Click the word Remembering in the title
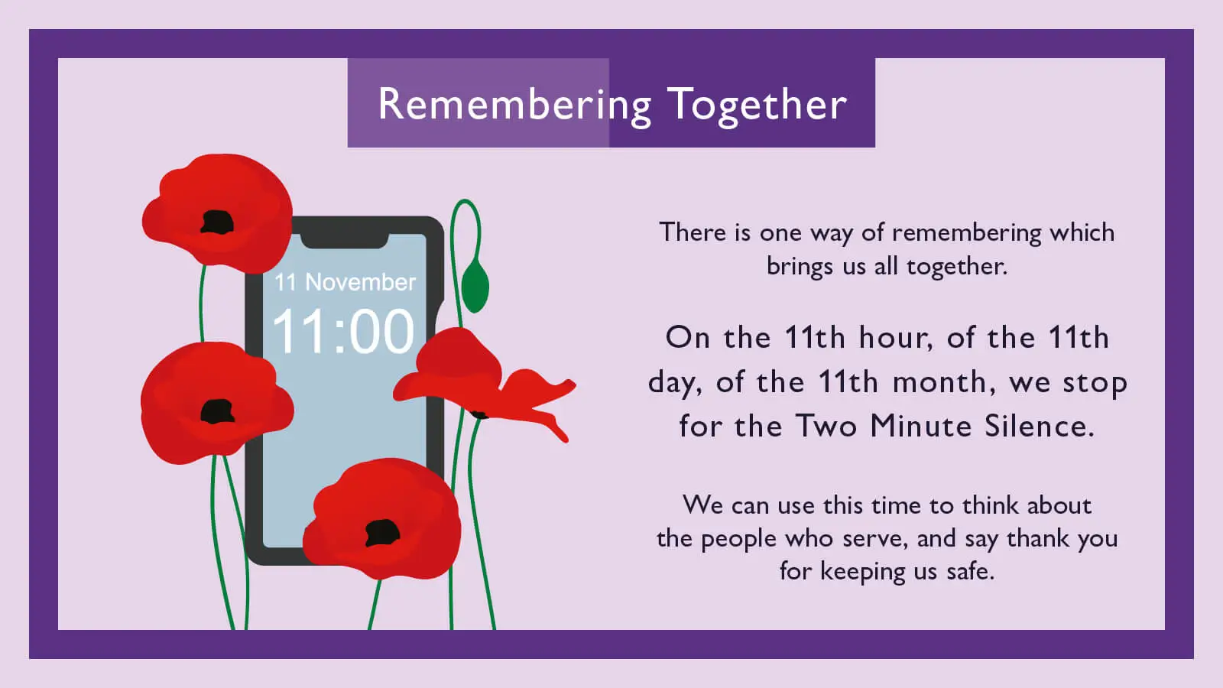tap(514, 104)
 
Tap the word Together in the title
tap(757, 104)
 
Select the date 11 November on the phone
tap(345, 282)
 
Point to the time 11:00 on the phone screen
tap(343, 332)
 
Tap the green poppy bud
tap(475, 286)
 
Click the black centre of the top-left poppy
tap(217, 222)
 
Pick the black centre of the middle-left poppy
tap(217, 411)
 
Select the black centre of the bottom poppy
tap(382, 532)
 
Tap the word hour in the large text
tap(895, 337)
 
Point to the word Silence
tap(1039, 426)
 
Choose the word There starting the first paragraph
tap(693, 232)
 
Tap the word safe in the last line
tap(970, 571)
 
